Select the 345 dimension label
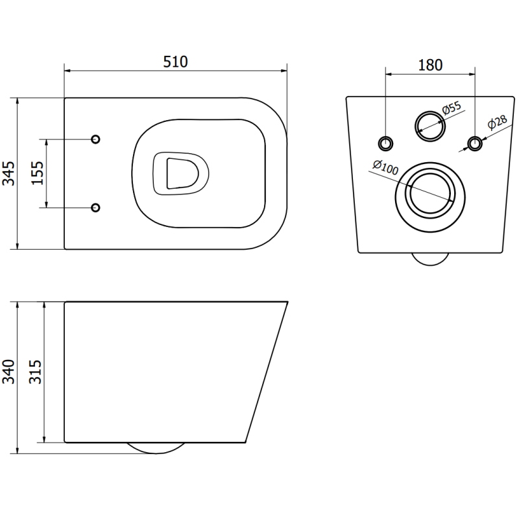coord(8,173)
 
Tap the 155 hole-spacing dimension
coord(38,173)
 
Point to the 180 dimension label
coord(430,65)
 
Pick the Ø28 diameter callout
coord(496,122)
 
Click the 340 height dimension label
coord(8,372)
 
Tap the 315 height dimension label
coord(36,372)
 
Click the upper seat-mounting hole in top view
coord(95,139)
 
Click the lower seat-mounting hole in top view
coord(95,207)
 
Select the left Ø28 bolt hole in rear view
coord(386,143)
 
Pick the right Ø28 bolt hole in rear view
coord(475,143)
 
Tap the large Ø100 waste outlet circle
coord(429,193)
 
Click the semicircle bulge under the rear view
coord(430,258)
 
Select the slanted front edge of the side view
coord(267,372)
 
